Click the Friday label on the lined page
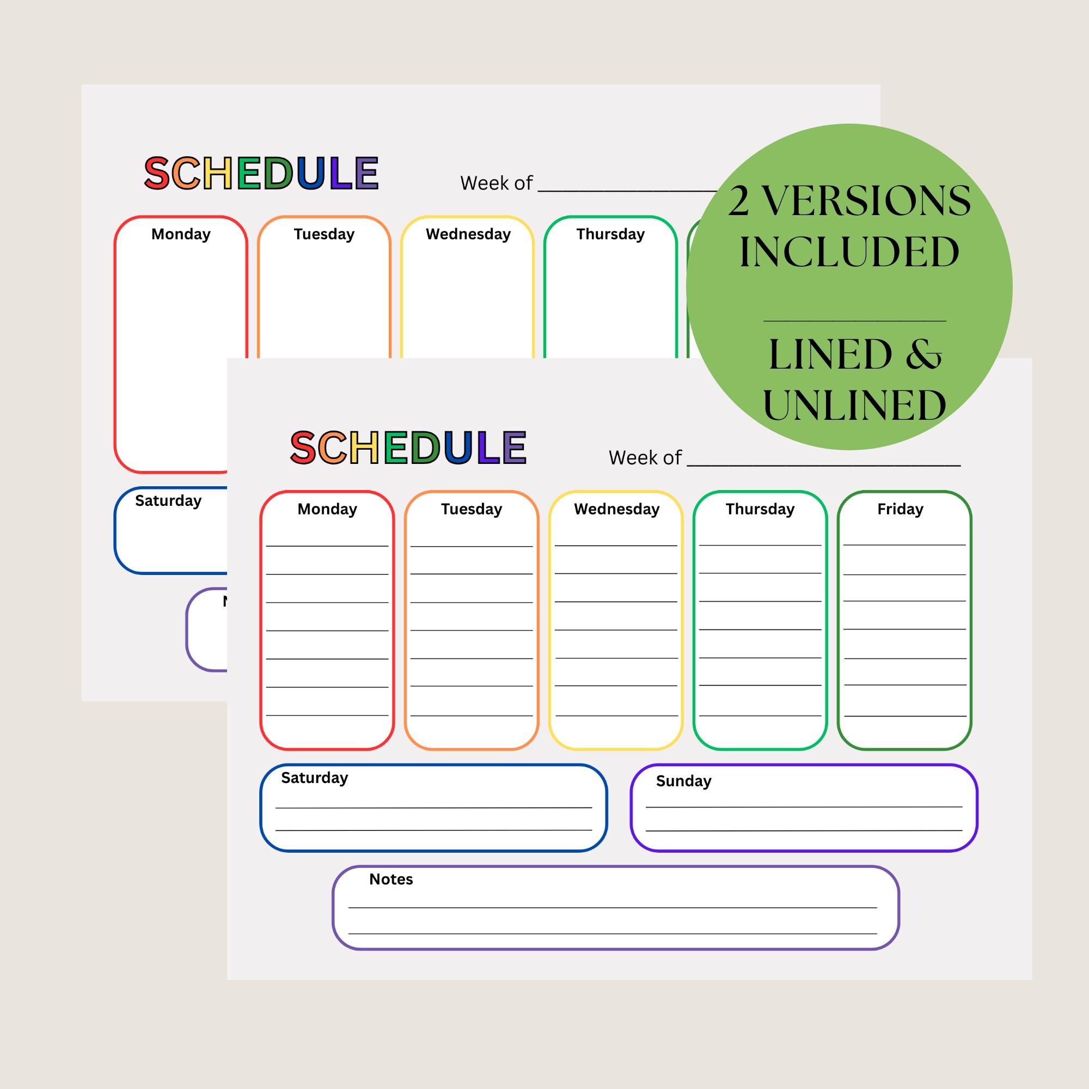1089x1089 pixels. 900,509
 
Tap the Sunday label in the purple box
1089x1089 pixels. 683,781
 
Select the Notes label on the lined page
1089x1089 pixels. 390,879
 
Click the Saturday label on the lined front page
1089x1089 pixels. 315,778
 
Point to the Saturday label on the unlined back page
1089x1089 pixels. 168,500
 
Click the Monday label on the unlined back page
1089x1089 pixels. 181,234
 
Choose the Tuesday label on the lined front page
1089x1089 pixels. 471,509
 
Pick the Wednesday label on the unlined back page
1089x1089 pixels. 468,234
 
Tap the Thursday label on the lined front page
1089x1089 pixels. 760,509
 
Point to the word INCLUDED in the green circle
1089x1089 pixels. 849,252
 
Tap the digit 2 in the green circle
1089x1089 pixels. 738,201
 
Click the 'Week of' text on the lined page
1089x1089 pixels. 645,458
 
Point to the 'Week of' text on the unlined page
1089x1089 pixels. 496,183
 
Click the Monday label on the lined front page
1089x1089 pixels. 327,509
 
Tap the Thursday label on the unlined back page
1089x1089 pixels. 610,234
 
